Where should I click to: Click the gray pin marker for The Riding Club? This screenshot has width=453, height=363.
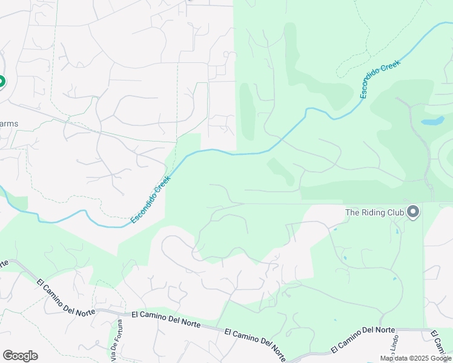[414, 212]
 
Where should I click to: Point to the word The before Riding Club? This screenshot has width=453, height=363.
[353, 212]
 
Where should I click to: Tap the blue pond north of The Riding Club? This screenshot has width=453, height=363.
[432, 121]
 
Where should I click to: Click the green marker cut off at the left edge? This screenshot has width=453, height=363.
[2, 81]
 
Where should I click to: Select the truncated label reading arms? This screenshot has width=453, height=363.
[9, 124]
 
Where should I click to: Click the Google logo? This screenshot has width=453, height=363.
[20, 356]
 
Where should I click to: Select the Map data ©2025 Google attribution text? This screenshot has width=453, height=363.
[415, 358]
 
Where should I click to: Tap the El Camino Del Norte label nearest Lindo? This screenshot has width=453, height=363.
[363, 339]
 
